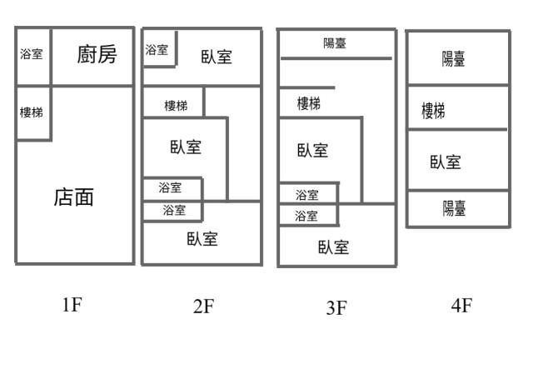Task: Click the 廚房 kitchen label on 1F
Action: pos(97,54)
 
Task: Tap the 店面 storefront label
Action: pos(74,197)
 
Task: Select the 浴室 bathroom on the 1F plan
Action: pos(32,54)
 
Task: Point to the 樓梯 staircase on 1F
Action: pos(32,112)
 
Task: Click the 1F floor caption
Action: pos(72,304)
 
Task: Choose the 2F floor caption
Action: pos(203,306)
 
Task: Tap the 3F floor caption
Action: pos(336,308)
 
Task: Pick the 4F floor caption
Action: pos(461,305)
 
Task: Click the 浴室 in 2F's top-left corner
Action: pos(157,50)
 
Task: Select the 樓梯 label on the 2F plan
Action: pos(176,106)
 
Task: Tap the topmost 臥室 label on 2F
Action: pos(217,57)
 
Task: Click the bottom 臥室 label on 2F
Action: pos(202,239)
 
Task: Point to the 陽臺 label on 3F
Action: pos(335,43)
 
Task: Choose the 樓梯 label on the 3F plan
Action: pos(309,103)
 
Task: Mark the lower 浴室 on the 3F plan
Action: pos(306,216)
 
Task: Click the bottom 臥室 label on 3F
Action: pos(333,247)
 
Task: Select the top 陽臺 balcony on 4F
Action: pos(453,59)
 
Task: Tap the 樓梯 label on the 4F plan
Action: pos(433,111)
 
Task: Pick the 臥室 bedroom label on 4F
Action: pos(446,162)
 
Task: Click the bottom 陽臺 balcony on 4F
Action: pos(454,208)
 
